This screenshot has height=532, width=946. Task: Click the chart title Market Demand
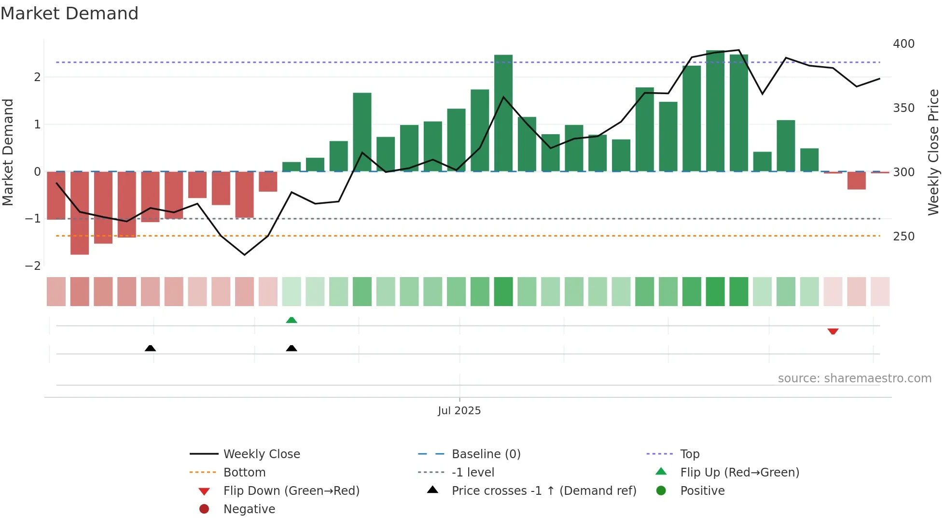click(x=70, y=14)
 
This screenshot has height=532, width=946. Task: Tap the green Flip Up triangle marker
click(x=292, y=320)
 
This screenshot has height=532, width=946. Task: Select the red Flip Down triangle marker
click(x=833, y=331)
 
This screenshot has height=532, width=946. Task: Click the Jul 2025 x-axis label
click(x=459, y=410)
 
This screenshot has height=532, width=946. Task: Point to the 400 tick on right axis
click(x=904, y=44)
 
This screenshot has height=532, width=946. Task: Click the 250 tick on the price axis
click(x=904, y=236)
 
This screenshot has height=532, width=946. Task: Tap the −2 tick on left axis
click(x=33, y=266)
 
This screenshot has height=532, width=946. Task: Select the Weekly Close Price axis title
click(x=933, y=152)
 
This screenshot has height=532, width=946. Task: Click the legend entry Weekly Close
click(x=261, y=454)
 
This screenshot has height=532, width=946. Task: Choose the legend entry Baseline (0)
click(x=486, y=454)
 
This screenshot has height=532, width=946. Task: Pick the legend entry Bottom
click(x=244, y=472)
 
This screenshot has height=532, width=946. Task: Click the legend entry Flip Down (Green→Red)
click(x=291, y=490)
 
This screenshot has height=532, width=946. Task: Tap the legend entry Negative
click(x=249, y=509)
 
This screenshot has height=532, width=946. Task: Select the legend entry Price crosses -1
click(x=543, y=490)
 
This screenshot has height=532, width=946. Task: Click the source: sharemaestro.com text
click(x=854, y=378)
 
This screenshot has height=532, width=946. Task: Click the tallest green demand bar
click(x=715, y=111)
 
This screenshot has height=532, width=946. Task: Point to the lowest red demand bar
click(x=80, y=213)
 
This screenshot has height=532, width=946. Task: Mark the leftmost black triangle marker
click(x=150, y=348)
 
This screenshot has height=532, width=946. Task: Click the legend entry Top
click(x=690, y=454)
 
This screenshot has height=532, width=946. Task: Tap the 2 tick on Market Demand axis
click(x=37, y=77)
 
